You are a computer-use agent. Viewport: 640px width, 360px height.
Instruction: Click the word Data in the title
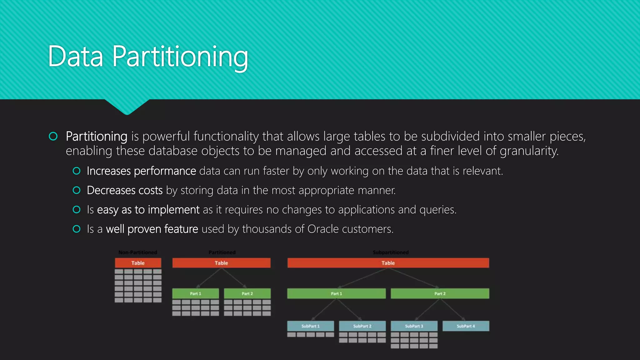75,57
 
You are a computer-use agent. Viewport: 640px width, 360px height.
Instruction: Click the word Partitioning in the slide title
180,57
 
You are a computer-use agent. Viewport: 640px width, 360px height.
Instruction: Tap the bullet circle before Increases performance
77,171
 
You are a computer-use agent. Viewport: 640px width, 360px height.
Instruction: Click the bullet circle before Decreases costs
77,190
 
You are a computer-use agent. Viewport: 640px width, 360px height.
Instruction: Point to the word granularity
528,151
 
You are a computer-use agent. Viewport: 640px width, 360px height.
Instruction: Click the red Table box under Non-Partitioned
138,263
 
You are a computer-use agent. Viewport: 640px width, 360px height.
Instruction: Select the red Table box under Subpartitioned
388,263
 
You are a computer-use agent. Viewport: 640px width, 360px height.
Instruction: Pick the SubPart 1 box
310,326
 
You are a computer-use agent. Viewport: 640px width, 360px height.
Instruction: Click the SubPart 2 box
362,326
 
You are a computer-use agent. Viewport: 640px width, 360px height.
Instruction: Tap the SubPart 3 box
414,326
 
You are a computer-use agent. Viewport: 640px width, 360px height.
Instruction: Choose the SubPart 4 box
466,326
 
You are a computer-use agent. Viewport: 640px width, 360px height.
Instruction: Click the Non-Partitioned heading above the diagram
137,252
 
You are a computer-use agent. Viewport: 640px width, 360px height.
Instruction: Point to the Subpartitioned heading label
391,252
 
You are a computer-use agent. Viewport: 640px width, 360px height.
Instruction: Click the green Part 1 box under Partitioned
195,293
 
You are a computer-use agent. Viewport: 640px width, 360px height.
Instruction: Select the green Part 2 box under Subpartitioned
440,293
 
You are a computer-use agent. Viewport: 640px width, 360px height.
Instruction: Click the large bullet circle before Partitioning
53,136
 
